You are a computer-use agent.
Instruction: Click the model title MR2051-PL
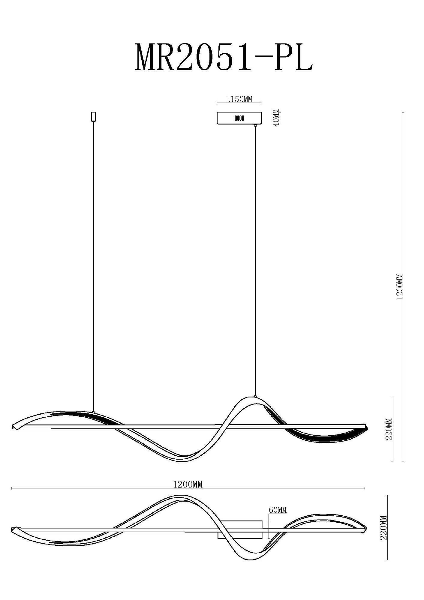(224, 57)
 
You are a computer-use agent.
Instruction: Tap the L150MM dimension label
(239, 99)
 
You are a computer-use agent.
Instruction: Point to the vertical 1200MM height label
(399, 287)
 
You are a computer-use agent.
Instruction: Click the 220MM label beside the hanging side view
(389, 429)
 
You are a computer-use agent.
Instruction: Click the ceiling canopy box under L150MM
(239, 118)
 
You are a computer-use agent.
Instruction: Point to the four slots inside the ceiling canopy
(239, 118)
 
